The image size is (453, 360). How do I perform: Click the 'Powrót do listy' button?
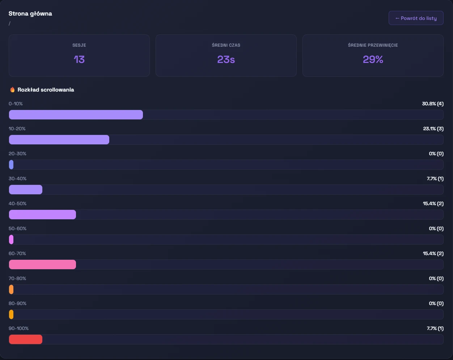click(x=416, y=18)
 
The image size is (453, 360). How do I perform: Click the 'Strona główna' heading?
click(x=30, y=14)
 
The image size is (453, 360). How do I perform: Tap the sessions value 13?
click(x=79, y=59)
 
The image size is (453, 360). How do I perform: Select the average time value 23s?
click(x=226, y=59)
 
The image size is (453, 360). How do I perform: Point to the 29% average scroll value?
click(x=373, y=59)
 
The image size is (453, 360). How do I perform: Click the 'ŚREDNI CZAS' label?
click(x=226, y=45)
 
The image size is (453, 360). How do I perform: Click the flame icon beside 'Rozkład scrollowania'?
click(x=12, y=90)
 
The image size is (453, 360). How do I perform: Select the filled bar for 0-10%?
click(x=76, y=115)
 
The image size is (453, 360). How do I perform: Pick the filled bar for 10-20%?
click(x=59, y=140)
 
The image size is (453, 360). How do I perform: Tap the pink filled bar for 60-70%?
click(x=42, y=264)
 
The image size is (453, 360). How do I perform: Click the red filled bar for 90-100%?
click(x=26, y=339)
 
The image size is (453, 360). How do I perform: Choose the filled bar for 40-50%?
click(x=42, y=215)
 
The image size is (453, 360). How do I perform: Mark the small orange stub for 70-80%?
click(x=11, y=289)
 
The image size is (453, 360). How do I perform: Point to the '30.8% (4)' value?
click(x=432, y=104)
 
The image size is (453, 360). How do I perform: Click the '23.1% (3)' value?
click(x=433, y=129)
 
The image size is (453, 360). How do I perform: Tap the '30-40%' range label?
click(x=17, y=179)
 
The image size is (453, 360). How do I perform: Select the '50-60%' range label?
click(x=17, y=229)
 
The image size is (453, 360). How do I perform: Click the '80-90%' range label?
click(x=17, y=304)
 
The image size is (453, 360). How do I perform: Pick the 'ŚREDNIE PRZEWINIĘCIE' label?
click(x=373, y=45)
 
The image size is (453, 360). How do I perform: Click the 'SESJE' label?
click(x=79, y=45)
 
